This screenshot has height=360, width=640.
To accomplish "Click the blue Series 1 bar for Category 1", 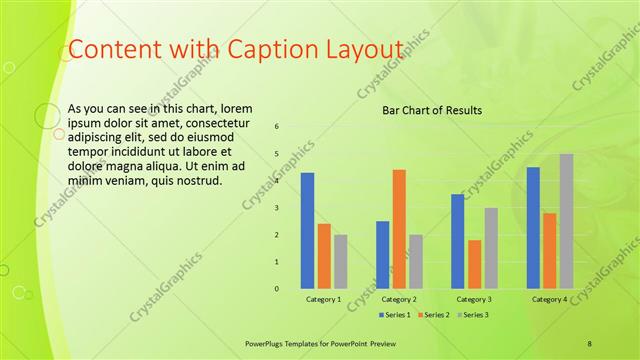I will click(x=307, y=231).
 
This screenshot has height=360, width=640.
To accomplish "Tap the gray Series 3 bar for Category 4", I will click(x=566, y=221).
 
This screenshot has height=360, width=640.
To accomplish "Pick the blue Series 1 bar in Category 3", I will click(x=457, y=241).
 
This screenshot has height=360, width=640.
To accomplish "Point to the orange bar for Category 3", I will click(x=474, y=264).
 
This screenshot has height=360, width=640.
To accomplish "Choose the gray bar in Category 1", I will click(x=341, y=262).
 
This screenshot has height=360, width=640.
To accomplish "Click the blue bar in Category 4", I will click(x=533, y=228).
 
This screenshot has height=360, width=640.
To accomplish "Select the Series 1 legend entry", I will click(x=396, y=315).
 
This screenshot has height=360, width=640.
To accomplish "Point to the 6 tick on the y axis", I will click(x=277, y=126).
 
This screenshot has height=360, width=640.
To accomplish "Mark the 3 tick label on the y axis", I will click(x=277, y=208).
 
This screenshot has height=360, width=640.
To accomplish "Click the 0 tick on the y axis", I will click(x=277, y=289).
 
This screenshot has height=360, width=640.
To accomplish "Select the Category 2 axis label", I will click(x=399, y=299).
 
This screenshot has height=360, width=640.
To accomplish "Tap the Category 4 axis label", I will click(x=549, y=299).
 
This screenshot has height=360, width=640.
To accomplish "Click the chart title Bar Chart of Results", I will click(x=433, y=110).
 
